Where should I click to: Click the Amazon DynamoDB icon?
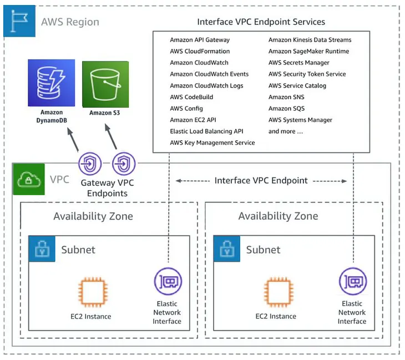[x=51, y=84]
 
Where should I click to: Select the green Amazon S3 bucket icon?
[x=105, y=84]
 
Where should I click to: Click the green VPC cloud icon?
[x=28, y=180]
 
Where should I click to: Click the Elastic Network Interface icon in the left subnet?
[x=167, y=281]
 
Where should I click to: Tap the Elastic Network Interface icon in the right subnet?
[x=352, y=281]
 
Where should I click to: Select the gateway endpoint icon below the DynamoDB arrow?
[x=89, y=164]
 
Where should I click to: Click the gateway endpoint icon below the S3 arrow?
[x=124, y=164]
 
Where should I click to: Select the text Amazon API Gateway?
[x=200, y=40]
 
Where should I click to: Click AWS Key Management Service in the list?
[x=212, y=143]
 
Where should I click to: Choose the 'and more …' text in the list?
[x=286, y=131]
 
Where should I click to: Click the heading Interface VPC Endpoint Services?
[x=261, y=22]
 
